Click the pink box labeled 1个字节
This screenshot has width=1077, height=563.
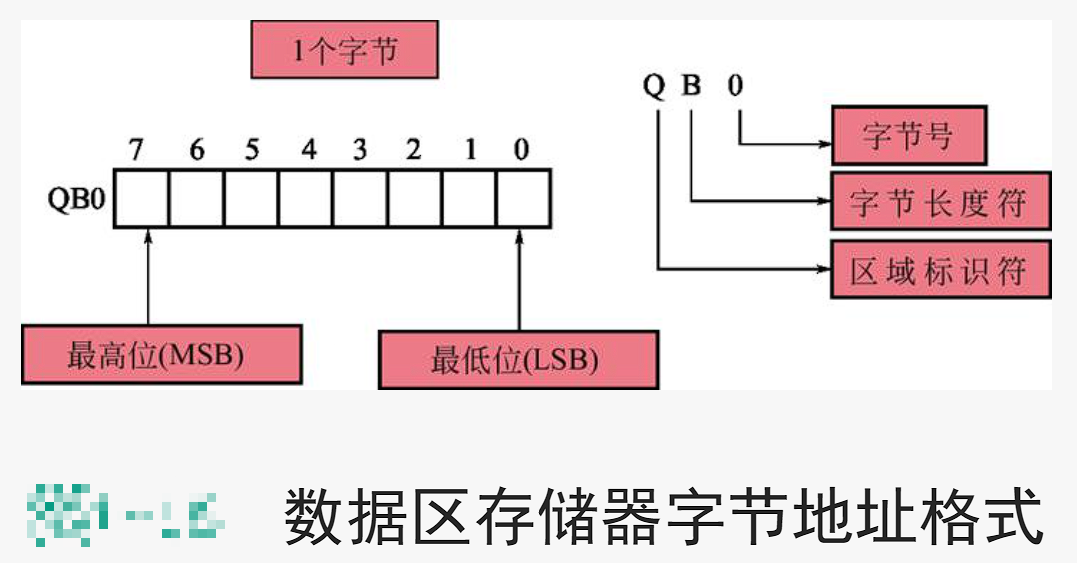point(344,51)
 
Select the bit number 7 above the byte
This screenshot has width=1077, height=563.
point(137,150)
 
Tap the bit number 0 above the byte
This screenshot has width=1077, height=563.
point(521,150)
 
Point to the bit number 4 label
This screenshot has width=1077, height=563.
point(309,150)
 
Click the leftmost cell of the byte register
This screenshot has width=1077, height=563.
point(141,199)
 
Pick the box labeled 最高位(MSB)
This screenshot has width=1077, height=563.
point(161,354)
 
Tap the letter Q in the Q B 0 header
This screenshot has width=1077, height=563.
point(654,87)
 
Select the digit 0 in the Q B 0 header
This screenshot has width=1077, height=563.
point(736,87)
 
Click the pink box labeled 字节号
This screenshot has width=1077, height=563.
point(908,137)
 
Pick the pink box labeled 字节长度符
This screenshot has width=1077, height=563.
point(939,203)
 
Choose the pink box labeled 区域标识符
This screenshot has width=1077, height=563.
point(939,270)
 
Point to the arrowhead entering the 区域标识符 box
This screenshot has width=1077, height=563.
point(824,269)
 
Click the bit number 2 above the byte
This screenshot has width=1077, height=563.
point(413,150)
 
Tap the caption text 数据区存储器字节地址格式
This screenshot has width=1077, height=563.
point(663,517)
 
